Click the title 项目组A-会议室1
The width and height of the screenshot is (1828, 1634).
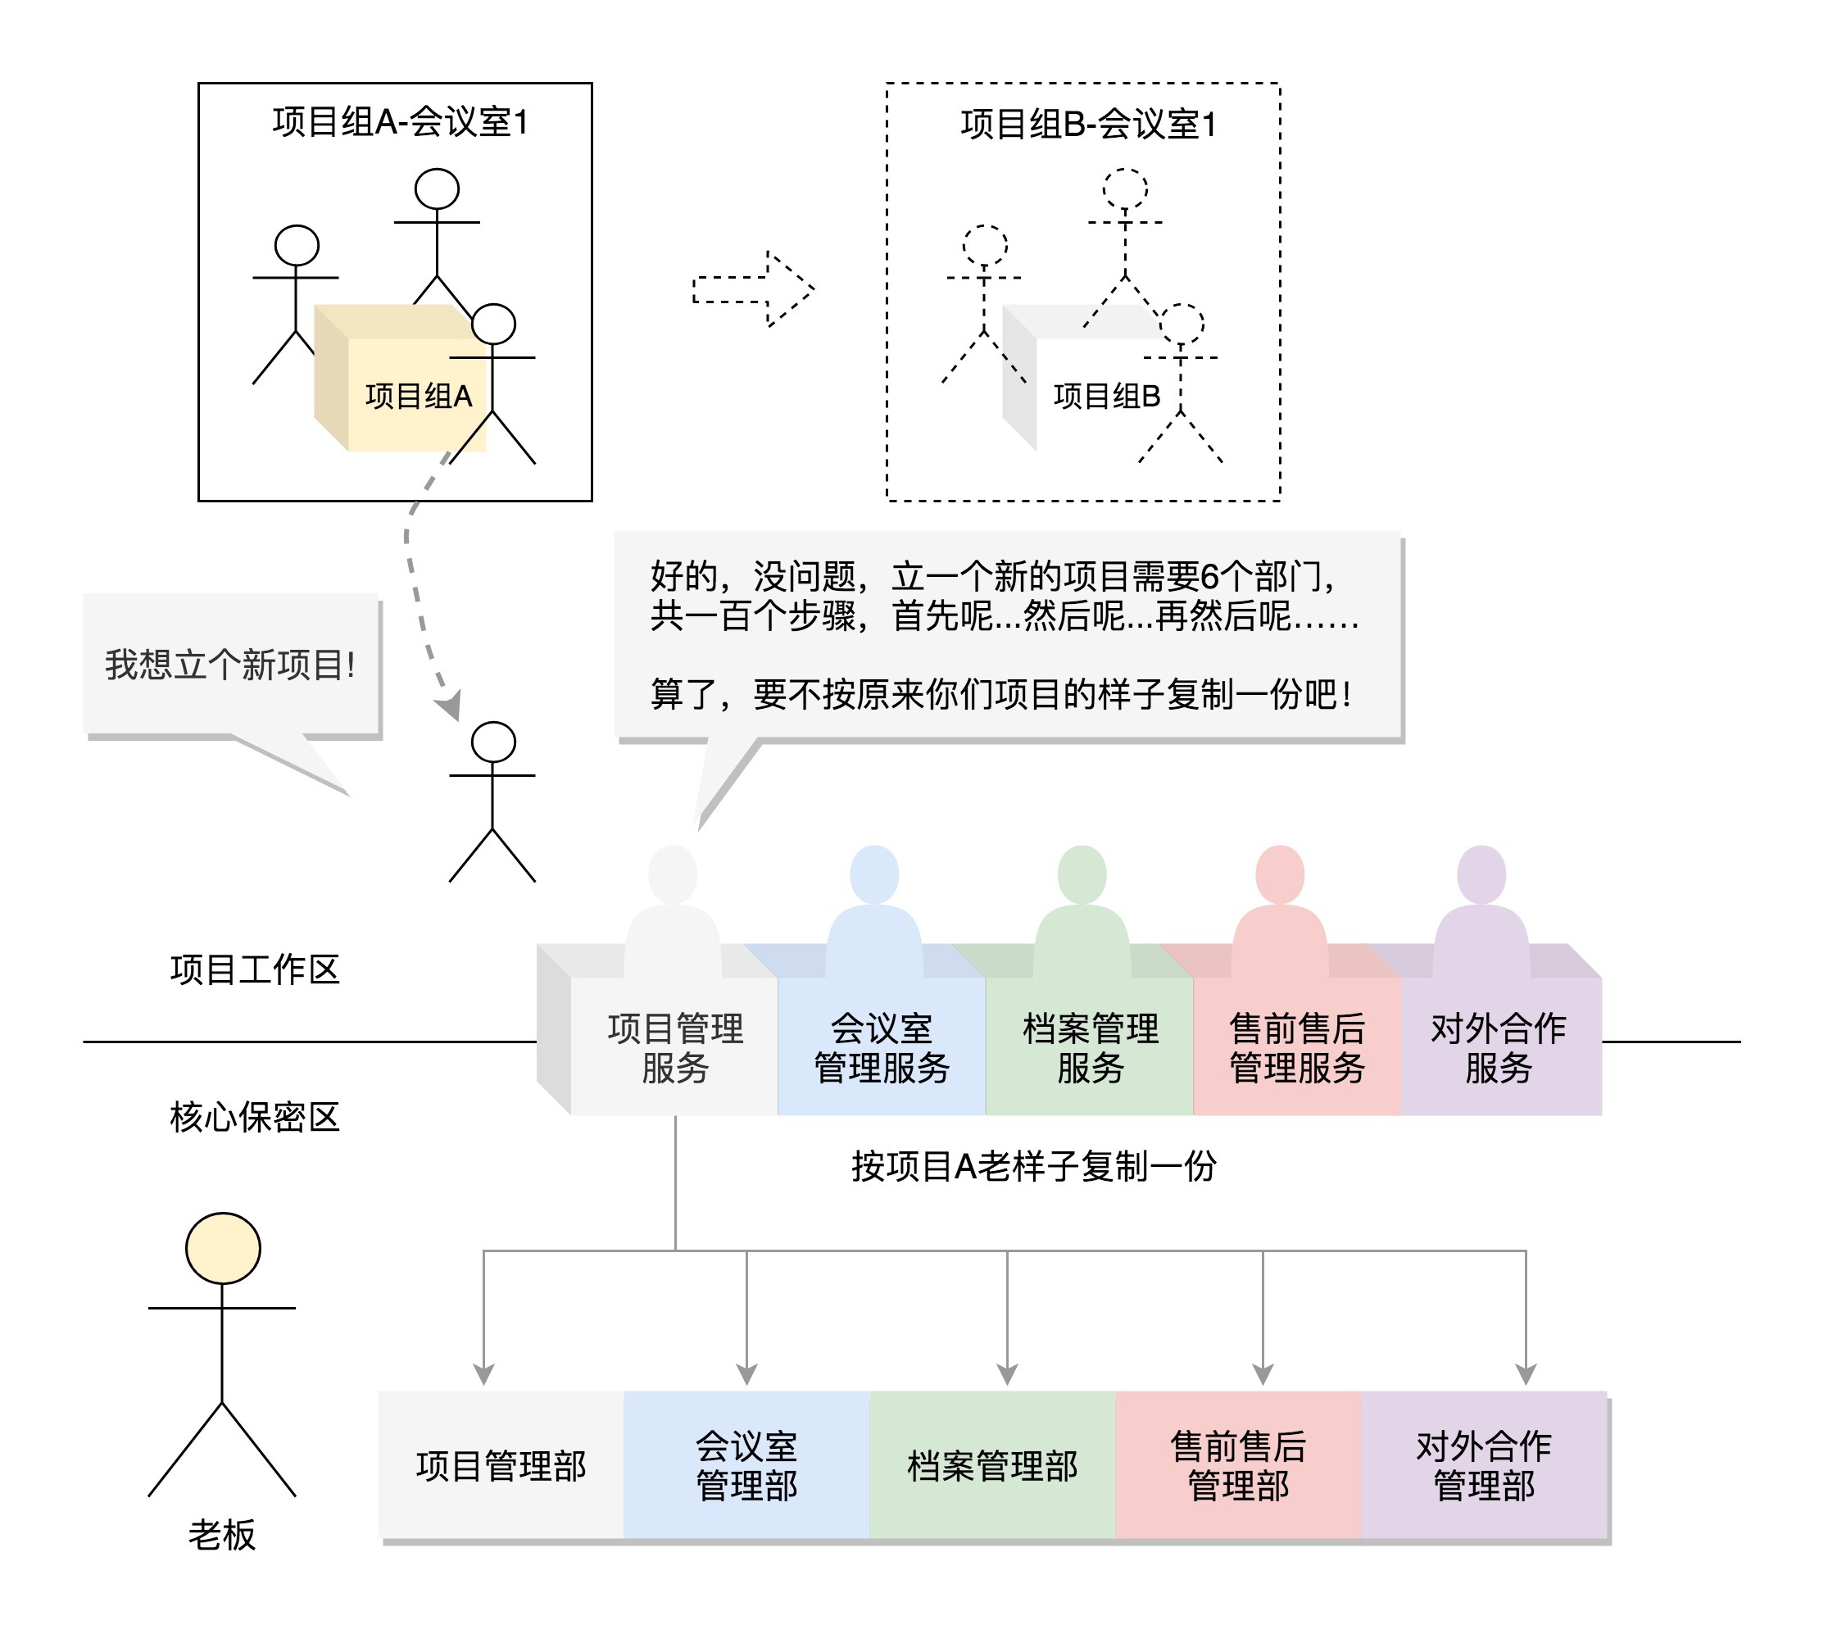tap(401, 122)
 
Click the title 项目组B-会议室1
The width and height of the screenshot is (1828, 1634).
tap(1088, 124)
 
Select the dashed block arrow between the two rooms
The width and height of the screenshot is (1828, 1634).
tap(752, 289)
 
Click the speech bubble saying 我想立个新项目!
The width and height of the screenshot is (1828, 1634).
tap(231, 665)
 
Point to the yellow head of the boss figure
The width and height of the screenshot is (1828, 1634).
tap(223, 1248)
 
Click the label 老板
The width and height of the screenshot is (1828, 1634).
tap(222, 1535)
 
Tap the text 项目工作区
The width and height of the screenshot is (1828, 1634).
tap(255, 969)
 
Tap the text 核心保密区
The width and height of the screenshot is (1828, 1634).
tap(255, 1117)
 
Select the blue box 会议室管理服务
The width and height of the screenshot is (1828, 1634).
tap(882, 1046)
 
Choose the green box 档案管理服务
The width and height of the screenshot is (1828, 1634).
tap(1090, 1046)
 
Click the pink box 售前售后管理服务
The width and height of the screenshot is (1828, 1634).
tap(1296, 1046)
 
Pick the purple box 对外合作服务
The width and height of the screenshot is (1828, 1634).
tap(1499, 1046)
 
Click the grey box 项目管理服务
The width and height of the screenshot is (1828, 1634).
tap(675, 1046)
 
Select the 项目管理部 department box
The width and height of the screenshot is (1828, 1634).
tap(501, 1465)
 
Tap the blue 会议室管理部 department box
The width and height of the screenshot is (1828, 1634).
tap(747, 1465)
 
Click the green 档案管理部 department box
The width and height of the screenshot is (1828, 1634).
tap(992, 1465)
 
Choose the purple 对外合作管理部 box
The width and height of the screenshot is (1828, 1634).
tap(1484, 1465)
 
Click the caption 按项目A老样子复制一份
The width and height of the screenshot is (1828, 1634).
tap(1033, 1166)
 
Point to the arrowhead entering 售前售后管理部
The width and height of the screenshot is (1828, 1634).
tap(1263, 1374)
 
